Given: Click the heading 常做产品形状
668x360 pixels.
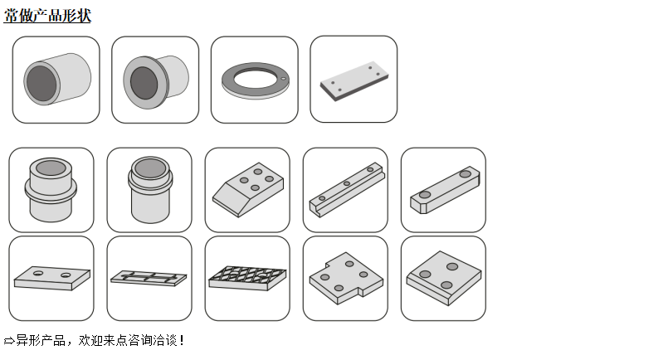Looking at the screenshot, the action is pos(47,16).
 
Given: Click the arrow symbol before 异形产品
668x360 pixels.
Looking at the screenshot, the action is pos(9,341).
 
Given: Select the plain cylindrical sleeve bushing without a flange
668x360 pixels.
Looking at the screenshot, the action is pos(57,79).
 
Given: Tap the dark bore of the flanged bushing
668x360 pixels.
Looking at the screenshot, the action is pos(144,83).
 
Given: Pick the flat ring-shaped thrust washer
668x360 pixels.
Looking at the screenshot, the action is pos(256,80).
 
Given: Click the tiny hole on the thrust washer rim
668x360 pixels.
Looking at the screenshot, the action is pos(283,78).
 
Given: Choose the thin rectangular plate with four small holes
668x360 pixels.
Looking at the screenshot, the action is pos(354,80).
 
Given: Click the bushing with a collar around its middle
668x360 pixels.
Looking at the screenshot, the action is pos(51,190).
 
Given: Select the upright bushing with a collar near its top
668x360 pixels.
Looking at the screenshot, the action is pos(150,190).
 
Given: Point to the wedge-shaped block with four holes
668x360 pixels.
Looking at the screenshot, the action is pos(248,189).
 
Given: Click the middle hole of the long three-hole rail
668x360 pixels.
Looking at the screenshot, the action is pos(347,183).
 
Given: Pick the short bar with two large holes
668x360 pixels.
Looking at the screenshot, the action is pos(445,190).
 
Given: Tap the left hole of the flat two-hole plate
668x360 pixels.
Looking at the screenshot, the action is pos(38,273).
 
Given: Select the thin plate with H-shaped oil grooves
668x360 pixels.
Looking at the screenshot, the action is pos(149,278).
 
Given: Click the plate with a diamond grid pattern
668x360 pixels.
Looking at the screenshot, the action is pos(247,278).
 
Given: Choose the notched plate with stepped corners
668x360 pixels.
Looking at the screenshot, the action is pos(346,278).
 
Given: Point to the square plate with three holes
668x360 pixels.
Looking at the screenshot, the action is pos(443,278).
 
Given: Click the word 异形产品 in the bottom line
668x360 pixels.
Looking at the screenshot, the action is pos(41,340).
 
